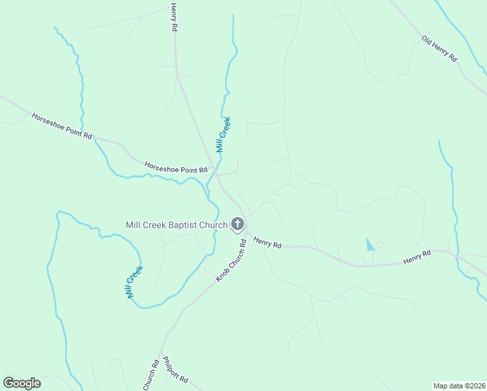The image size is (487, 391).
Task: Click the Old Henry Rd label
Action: pyautogui.click(x=439, y=50)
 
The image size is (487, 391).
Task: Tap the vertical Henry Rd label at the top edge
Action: pyautogui.click(x=174, y=18)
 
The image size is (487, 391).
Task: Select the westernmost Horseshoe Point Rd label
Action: pyautogui.click(x=63, y=125)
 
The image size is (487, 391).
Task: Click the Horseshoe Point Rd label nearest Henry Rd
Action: pyautogui.click(x=176, y=167)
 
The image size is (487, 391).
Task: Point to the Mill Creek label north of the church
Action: pyautogui.click(x=223, y=135)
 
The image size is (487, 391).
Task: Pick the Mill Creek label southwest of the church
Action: pyautogui.click(x=134, y=282)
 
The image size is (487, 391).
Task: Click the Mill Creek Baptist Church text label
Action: pyautogui.click(x=176, y=225)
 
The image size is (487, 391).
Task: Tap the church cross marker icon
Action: pyautogui.click(x=238, y=225)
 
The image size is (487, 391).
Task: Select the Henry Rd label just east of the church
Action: pyautogui.click(x=267, y=243)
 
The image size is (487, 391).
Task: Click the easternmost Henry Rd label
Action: pyautogui.click(x=417, y=257)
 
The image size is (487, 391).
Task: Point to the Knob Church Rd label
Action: pyautogui.click(x=231, y=261)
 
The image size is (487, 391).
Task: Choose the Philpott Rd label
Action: pyautogui.click(x=175, y=369)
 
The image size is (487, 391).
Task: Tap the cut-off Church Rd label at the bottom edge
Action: pyautogui.click(x=150, y=376)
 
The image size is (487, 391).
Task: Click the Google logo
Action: pyautogui.click(x=21, y=383)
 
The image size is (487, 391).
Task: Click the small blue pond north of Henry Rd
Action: pyautogui.click(x=370, y=245)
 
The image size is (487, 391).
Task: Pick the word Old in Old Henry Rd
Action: pyautogui.click(x=428, y=42)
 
